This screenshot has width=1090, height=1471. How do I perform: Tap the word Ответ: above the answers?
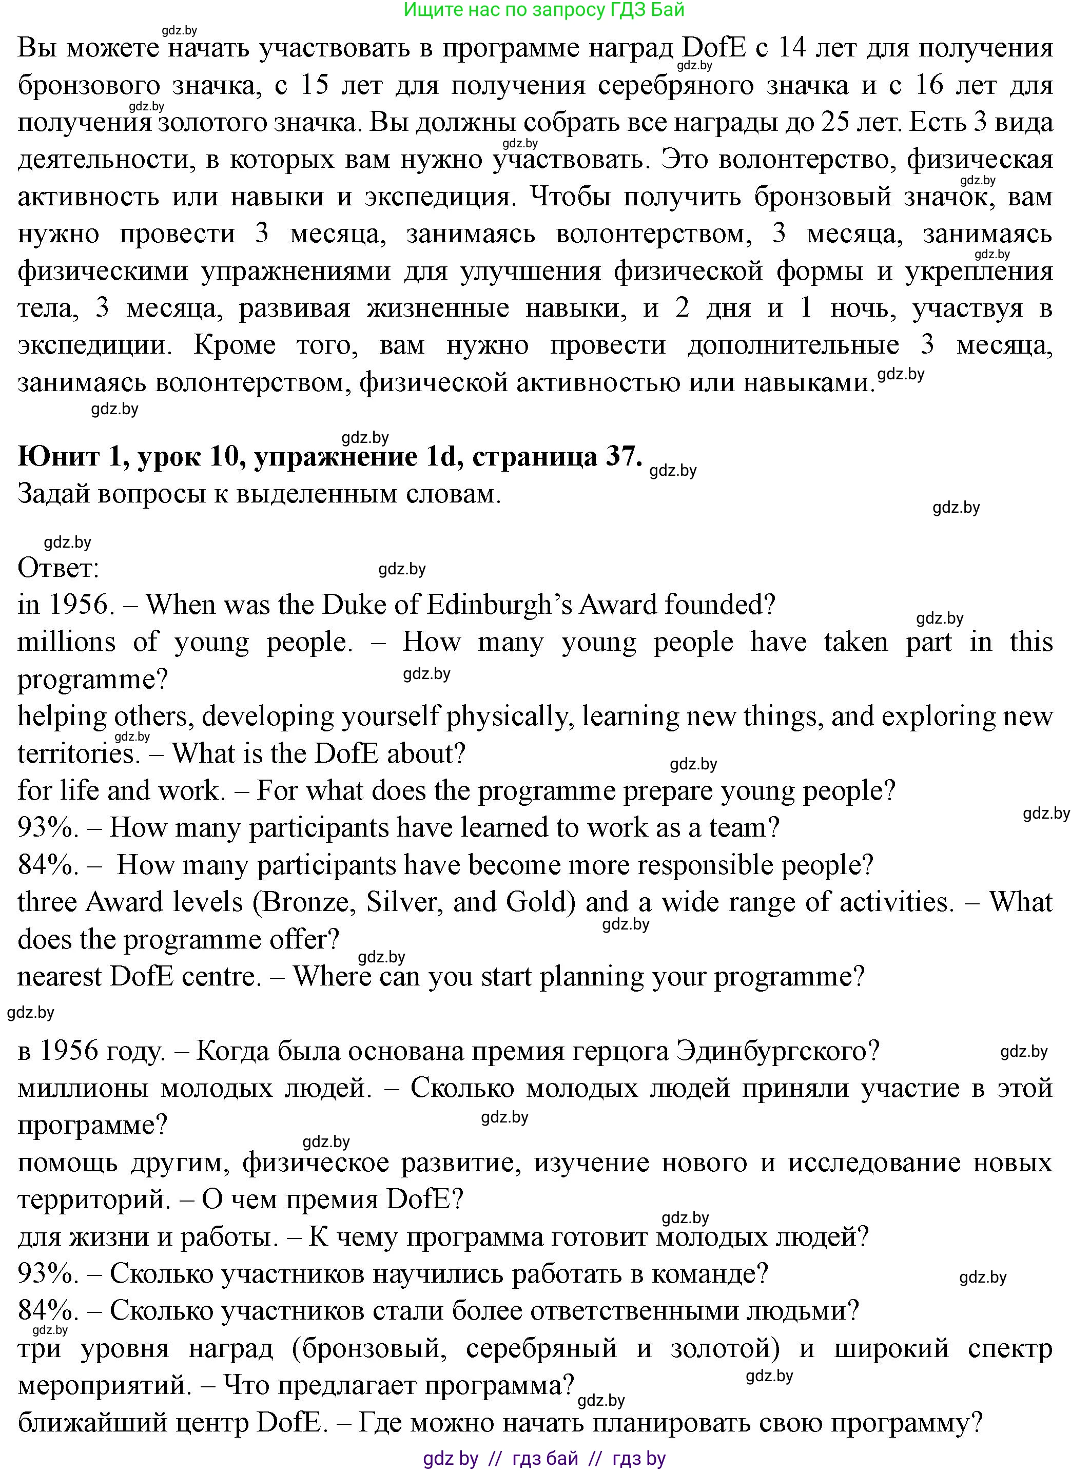pyautogui.click(x=58, y=568)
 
